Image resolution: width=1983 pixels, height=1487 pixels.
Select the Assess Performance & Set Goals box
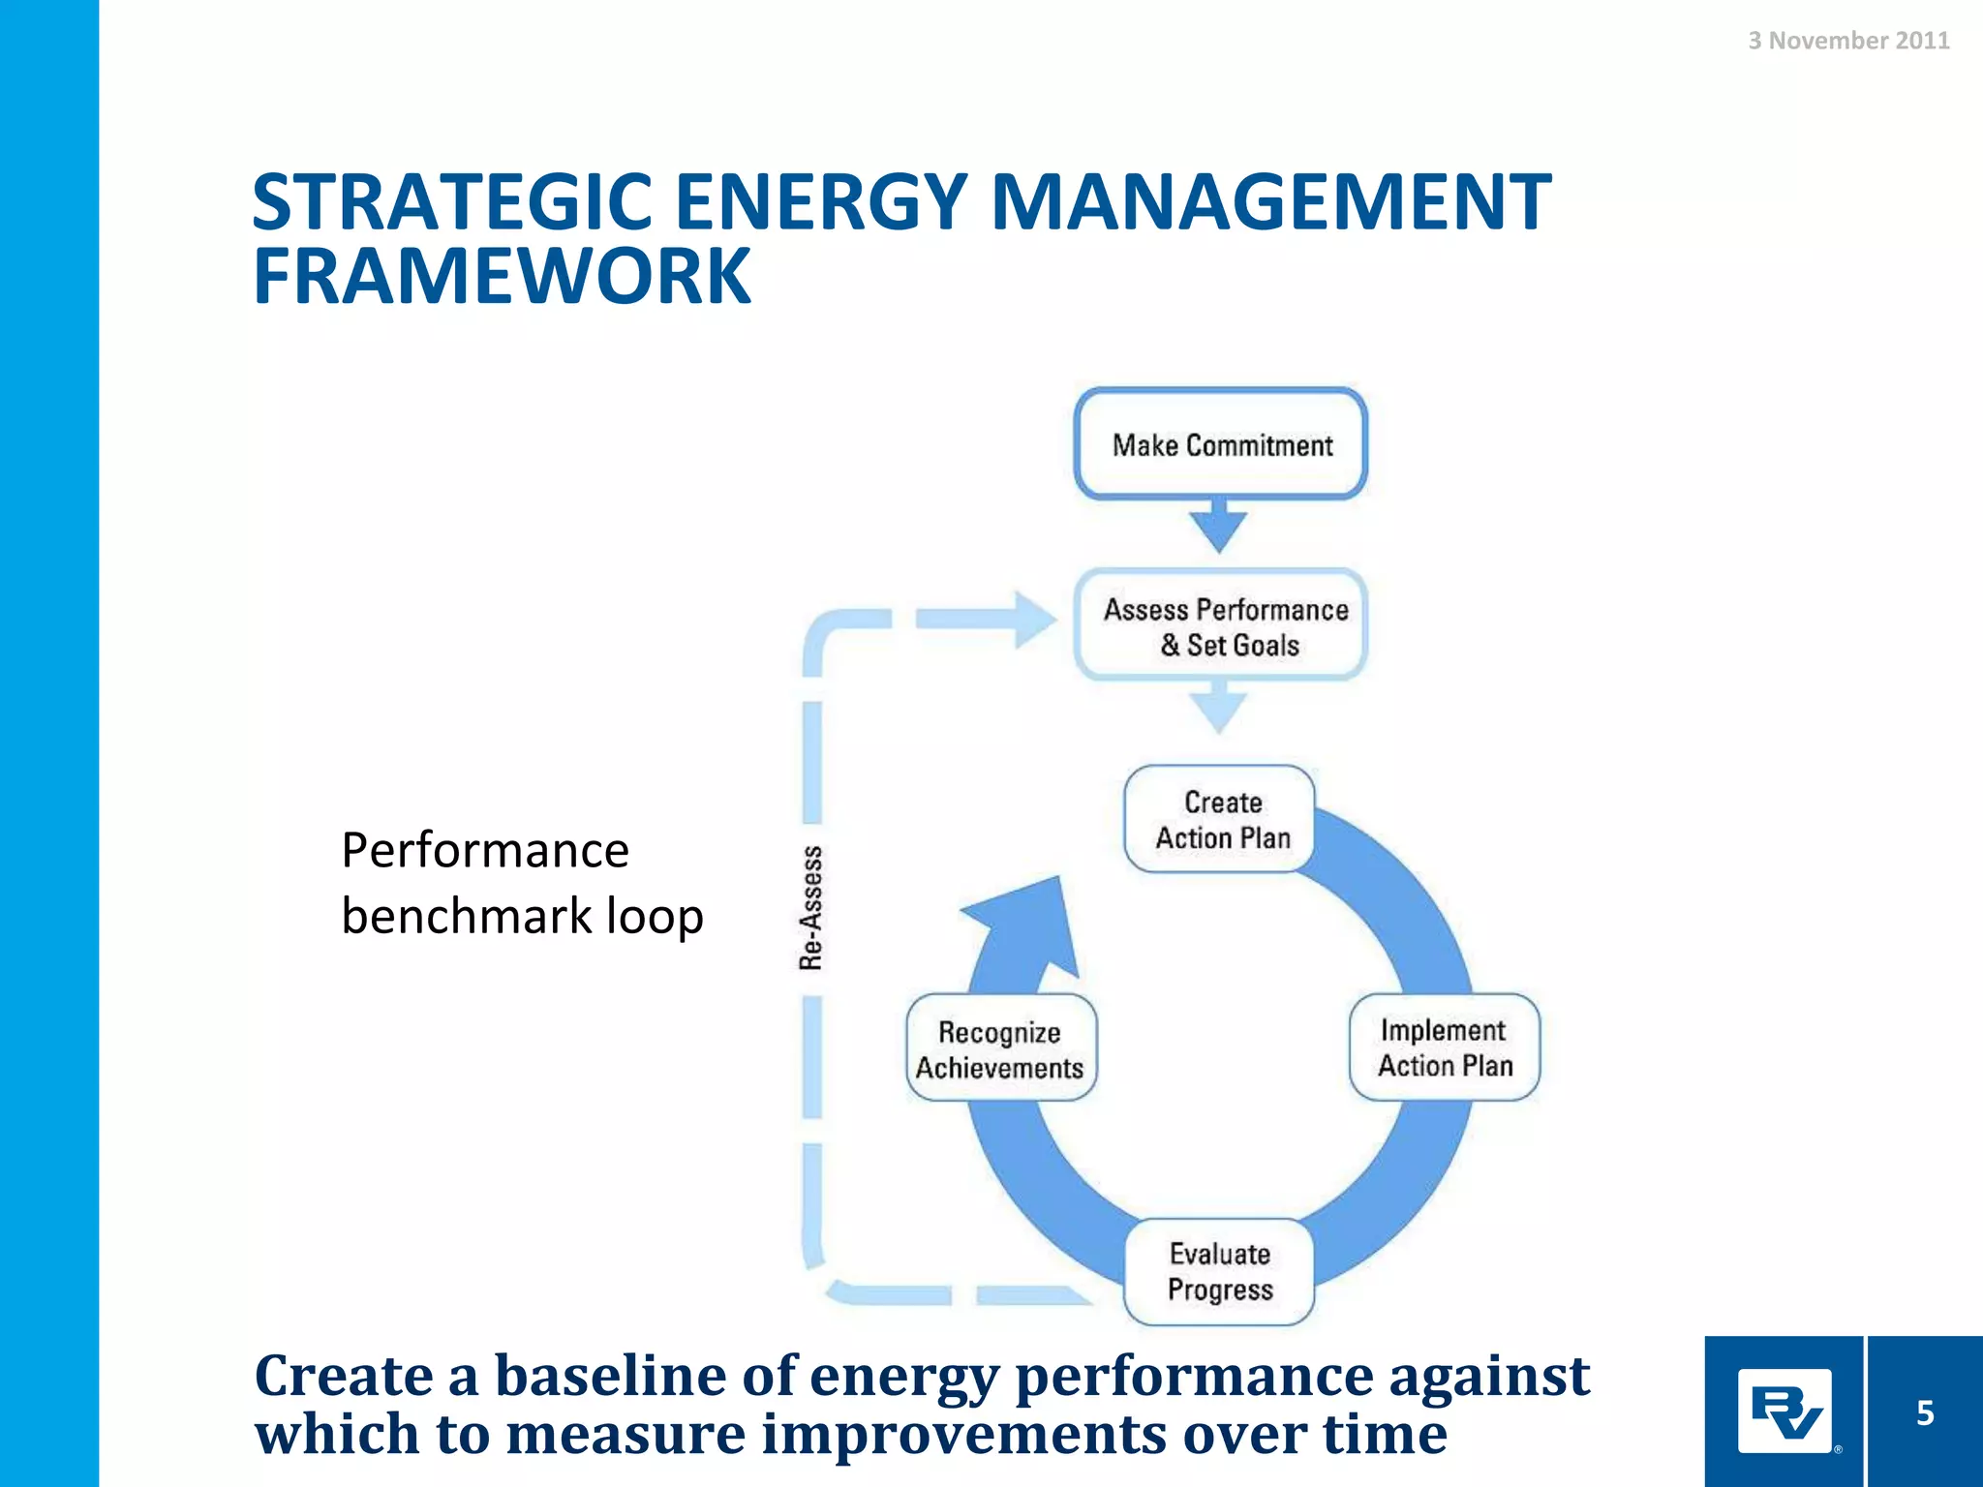pyautogui.click(x=1222, y=626)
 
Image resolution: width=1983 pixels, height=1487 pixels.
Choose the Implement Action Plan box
pyautogui.click(x=1444, y=1047)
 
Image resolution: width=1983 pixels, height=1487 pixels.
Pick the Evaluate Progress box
pyautogui.click(x=1219, y=1271)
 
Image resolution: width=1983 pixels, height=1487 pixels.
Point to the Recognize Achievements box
pyautogui.click(x=1000, y=1049)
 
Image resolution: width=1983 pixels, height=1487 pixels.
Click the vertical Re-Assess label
pyautogui.click(x=811, y=907)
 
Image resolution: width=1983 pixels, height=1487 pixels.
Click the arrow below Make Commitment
pyautogui.click(x=1219, y=528)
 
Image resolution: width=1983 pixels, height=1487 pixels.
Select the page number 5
pyautogui.click(x=1925, y=1412)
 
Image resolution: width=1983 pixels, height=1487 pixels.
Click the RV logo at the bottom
pyautogui.click(x=1785, y=1412)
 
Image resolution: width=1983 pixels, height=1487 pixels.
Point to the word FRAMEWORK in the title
pyautogui.click(x=502, y=277)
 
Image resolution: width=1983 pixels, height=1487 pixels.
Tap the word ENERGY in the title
pyautogui.click(x=821, y=202)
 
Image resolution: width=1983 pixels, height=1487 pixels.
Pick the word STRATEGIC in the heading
pyautogui.click(x=452, y=202)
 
